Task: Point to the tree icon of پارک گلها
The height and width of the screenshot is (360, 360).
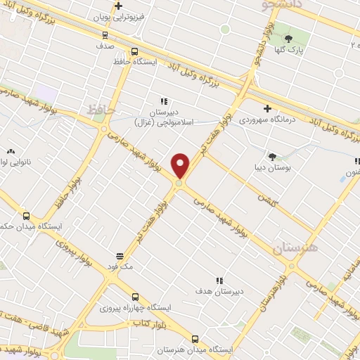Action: pos(288,39)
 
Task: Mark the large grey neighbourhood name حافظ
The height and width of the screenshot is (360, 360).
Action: pos(101,110)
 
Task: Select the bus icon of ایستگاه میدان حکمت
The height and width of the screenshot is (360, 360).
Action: pos(27,216)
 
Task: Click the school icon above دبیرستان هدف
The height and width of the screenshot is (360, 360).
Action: pos(219,281)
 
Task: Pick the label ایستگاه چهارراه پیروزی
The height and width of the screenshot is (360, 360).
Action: pos(131,308)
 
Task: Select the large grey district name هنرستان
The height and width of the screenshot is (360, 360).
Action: pos(294,247)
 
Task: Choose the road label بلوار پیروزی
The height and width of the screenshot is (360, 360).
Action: pos(75,254)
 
